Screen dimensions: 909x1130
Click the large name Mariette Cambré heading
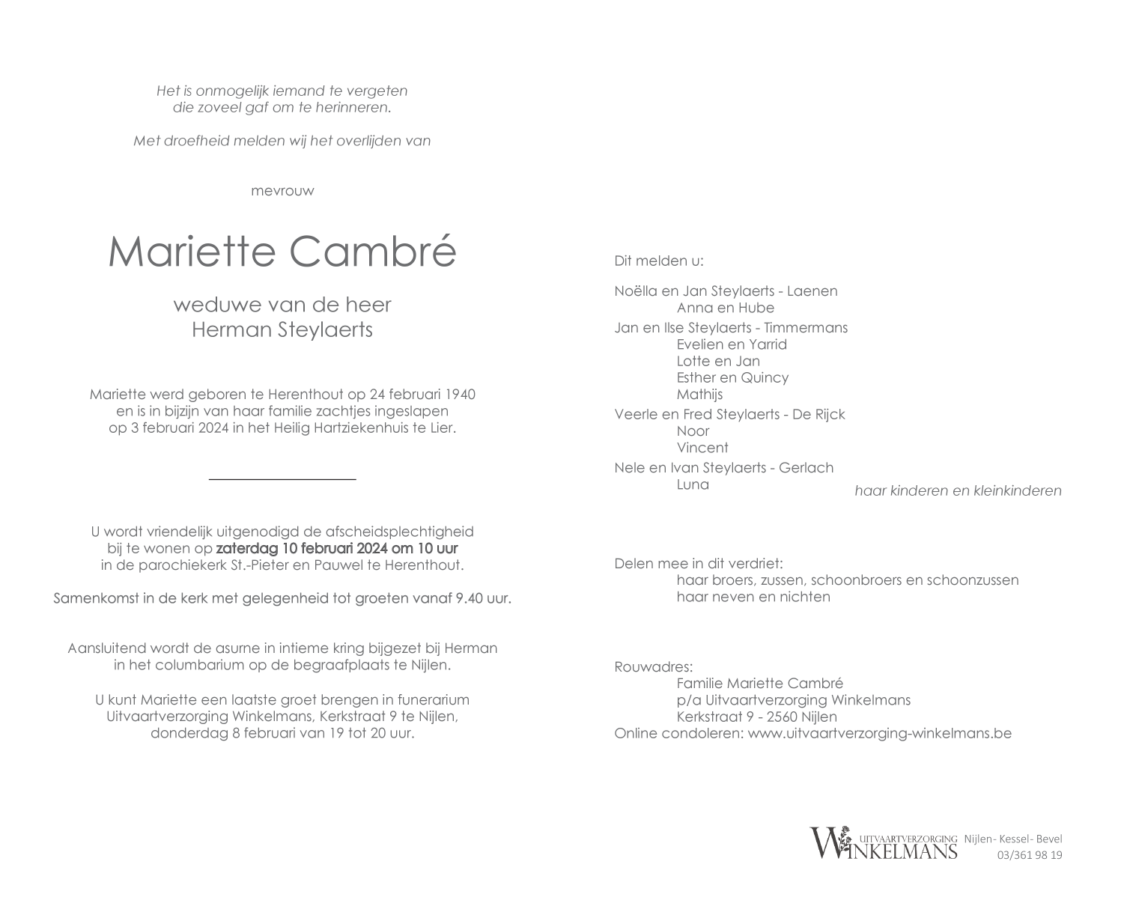pos(282,252)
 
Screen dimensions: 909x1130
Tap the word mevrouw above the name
pos(282,191)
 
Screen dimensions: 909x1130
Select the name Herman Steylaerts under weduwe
pos(282,330)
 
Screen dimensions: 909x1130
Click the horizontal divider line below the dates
pos(282,478)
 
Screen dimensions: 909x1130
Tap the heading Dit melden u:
pos(659,261)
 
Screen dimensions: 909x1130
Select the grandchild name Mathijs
pos(699,395)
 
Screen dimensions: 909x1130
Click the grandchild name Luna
pos(693,484)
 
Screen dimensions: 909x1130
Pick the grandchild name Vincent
pos(702,448)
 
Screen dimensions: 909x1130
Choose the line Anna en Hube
pos(725,308)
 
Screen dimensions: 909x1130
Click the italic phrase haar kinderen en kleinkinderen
pos(958,491)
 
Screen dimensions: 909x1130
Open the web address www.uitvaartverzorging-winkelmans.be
pos(879,733)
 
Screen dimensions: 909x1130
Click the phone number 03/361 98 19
pos(1030,855)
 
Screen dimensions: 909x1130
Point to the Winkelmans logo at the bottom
pos(884,843)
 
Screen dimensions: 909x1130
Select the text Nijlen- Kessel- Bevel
pos(1013,839)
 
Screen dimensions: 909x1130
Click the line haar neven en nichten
pos(753,597)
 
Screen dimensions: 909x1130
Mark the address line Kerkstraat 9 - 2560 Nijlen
pos(756,717)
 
